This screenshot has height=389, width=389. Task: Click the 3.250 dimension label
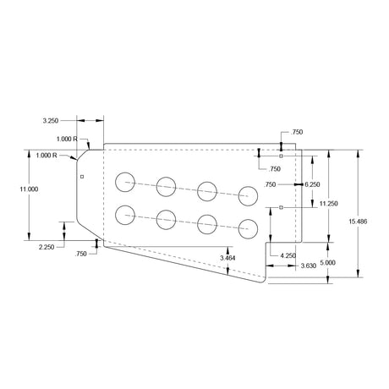click(x=51, y=121)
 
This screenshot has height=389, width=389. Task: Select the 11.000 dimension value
click(x=29, y=189)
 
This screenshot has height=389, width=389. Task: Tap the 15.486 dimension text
click(x=358, y=222)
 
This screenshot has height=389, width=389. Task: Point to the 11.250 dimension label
click(x=328, y=204)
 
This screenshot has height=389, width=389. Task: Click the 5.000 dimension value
click(x=328, y=263)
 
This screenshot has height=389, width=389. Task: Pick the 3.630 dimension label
click(x=309, y=266)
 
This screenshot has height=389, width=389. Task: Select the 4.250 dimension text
click(x=288, y=255)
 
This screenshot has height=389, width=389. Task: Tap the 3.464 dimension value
click(x=227, y=258)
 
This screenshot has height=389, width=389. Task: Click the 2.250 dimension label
click(x=47, y=247)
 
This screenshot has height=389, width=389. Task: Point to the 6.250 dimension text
click(x=312, y=184)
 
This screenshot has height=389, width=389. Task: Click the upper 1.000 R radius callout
click(x=67, y=139)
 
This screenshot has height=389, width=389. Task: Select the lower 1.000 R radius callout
click(x=47, y=156)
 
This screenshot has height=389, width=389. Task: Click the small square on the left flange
click(x=82, y=177)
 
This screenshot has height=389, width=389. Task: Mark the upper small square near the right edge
click(x=281, y=156)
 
